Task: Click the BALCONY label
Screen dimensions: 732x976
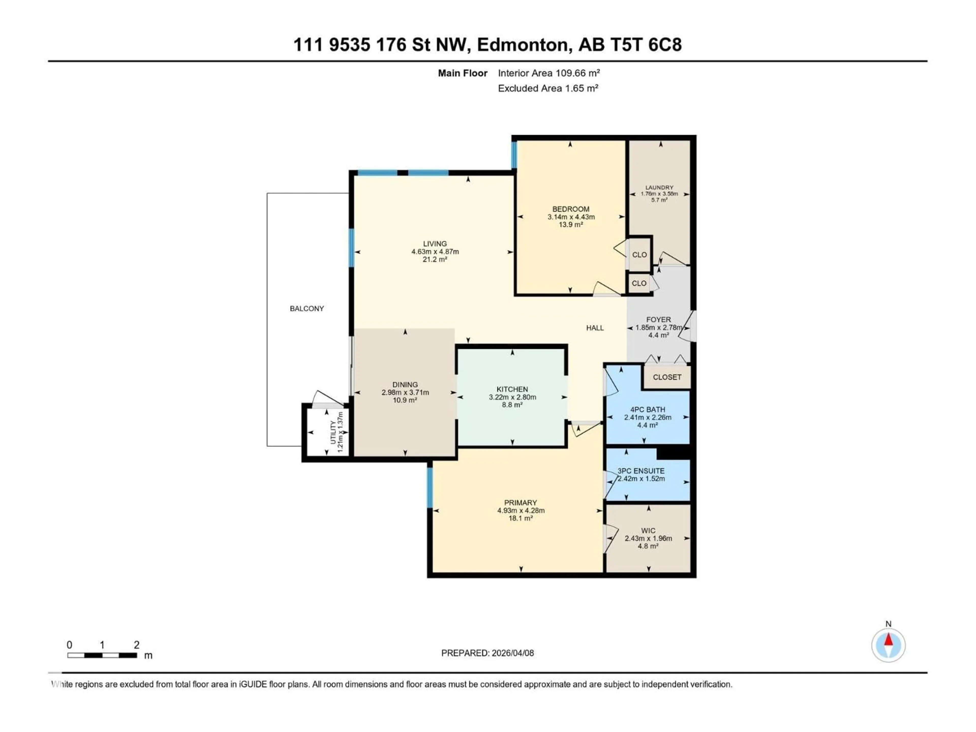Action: tap(307, 308)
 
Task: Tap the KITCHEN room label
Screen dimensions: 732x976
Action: tap(512, 389)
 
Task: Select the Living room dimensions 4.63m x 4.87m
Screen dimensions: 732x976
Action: tap(435, 252)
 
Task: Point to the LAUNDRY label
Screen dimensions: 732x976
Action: tap(659, 188)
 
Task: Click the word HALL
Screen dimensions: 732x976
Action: tap(595, 328)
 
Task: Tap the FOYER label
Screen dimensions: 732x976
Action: tap(658, 319)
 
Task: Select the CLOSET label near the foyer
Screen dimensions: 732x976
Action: tap(667, 377)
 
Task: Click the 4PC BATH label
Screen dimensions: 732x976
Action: tap(647, 409)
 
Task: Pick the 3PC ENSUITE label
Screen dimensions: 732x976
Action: tap(641, 471)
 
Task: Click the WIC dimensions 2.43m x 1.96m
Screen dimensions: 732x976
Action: tap(648, 538)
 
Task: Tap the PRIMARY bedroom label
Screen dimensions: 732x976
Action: tap(520, 502)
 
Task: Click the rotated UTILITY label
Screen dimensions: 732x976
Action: tap(333, 433)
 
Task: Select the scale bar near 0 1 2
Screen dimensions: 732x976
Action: tap(102, 655)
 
